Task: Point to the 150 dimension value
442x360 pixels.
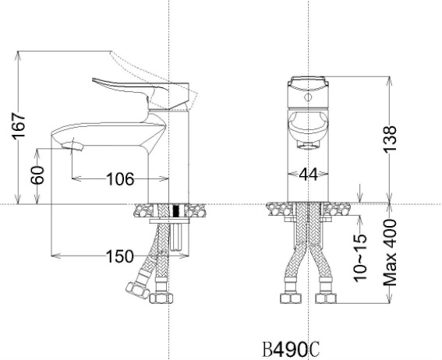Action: point(120,256)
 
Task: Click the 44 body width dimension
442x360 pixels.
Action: point(309,176)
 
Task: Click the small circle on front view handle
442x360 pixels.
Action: point(309,100)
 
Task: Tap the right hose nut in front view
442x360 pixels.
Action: point(327,298)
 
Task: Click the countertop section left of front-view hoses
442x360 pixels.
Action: point(278,208)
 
